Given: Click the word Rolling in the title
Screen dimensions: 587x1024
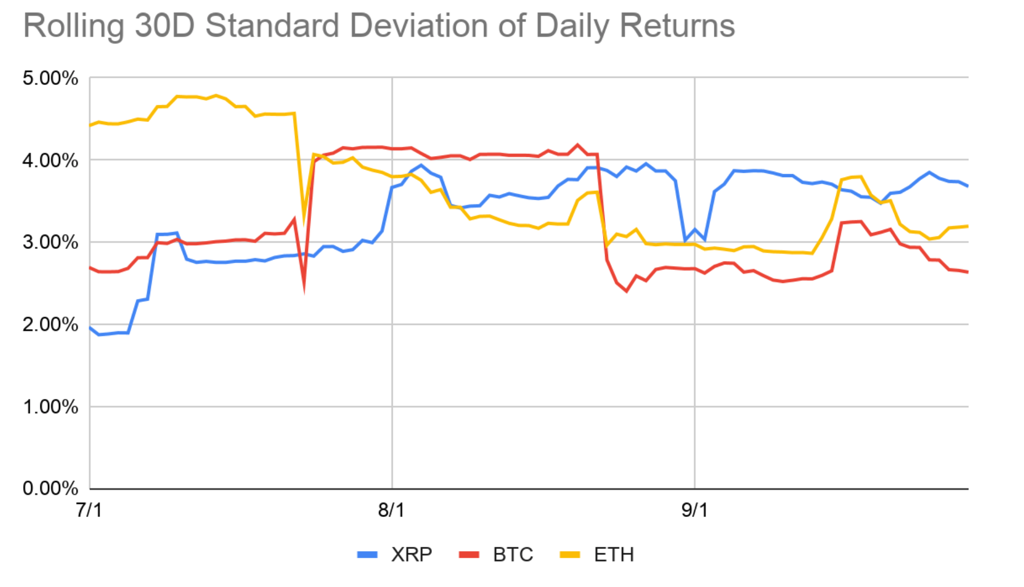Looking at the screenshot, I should (x=73, y=26).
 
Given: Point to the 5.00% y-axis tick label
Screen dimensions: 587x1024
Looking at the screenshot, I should (x=50, y=78).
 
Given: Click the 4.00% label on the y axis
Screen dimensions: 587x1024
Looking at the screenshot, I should (x=50, y=161).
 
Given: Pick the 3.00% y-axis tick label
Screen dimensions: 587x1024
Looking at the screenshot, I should (x=50, y=242).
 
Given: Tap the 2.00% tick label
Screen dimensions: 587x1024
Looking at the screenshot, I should (x=50, y=324).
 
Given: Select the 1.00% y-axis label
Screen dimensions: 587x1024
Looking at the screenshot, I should (x=50, y=407).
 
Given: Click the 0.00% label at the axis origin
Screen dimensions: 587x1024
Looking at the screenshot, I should (x=50, y=488).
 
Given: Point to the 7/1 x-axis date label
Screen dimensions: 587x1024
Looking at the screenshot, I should (x=89, y=510).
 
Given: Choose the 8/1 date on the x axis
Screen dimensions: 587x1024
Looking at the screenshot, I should (x=391, y=510).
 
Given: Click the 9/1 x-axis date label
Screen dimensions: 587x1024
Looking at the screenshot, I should (x=694, y=510).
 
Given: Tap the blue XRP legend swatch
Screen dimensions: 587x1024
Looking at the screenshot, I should (x=367, y=554).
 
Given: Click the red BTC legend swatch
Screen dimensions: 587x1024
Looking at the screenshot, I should (x=469, y=554).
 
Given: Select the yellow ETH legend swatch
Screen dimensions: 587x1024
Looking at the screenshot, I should (x=570, y=554).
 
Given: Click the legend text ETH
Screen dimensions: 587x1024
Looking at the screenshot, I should (x=614, y=554).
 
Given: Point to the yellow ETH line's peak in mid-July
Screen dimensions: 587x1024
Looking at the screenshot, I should (x=216, y=95).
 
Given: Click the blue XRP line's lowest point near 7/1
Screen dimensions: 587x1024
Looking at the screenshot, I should (x=99, y=335).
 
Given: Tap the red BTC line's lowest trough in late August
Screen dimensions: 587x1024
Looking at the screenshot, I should (x=627, y=291).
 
